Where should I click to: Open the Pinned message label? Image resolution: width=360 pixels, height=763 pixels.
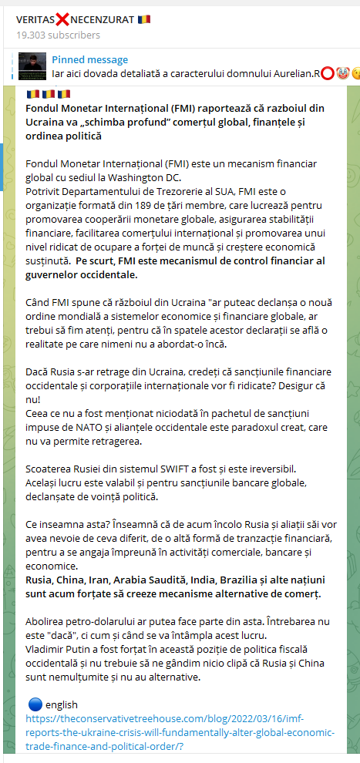click(x=90, y=59)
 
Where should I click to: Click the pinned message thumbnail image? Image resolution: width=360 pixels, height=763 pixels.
click(x=32, y=66)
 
